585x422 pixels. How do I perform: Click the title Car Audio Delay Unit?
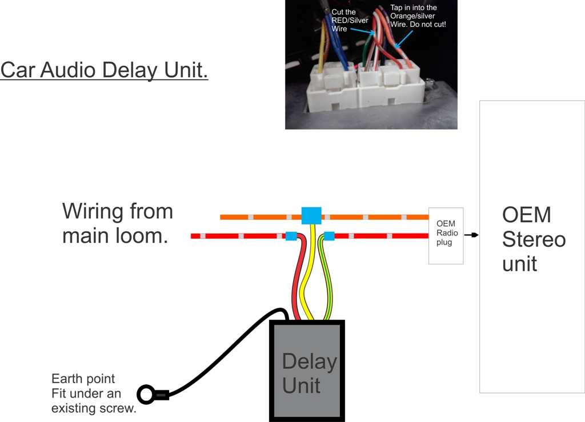point(104,70)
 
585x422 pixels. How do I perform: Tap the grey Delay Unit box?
point(307,371)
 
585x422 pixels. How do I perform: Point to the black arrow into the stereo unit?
point(471,235)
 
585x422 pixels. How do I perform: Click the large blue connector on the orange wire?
point(311,216)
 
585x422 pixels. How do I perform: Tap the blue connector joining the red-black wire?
point(291,236)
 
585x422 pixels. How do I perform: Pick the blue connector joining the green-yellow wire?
point(329,236)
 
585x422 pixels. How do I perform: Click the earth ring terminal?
point(147,395)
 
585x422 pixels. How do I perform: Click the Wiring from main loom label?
point(117,223)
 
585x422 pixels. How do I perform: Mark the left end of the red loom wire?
point(194,236)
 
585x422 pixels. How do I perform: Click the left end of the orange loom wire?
point(223,217)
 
